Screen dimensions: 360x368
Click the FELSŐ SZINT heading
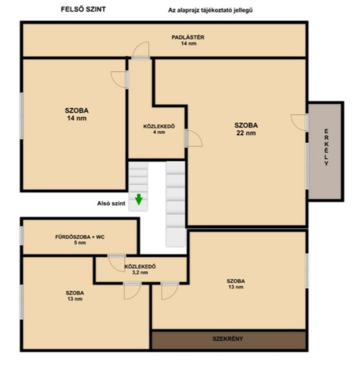83,9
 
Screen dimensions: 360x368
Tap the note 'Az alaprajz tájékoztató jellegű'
210,10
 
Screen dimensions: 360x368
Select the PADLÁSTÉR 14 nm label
188,40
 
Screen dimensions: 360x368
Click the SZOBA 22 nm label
246,129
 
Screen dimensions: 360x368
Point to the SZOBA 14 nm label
77,114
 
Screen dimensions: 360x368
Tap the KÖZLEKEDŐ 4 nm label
159,129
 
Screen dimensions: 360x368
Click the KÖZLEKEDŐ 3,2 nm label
140,269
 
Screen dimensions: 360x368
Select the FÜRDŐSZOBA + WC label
80,240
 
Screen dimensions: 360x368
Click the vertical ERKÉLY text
326,147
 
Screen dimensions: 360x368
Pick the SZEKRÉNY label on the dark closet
228,339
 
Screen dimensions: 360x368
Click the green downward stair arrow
139,199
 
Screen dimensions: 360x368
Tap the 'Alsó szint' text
111,203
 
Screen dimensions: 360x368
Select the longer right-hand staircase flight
176,204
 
